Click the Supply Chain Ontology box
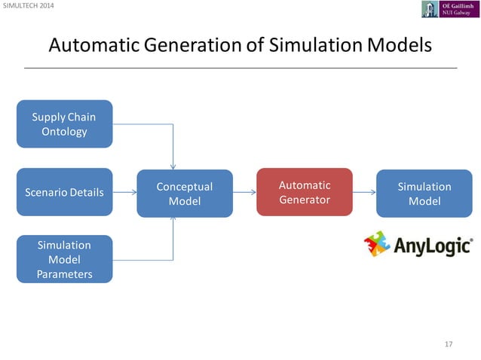pos(64,124)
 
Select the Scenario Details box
pos(64,192)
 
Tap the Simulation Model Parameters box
pos(64,259)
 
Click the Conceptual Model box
pos(184,193)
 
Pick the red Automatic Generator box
pos(305,192)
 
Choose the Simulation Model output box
pos(424,193)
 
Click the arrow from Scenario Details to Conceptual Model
pos(124,192)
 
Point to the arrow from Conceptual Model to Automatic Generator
pos(244,192)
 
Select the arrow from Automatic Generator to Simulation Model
pos(364,192)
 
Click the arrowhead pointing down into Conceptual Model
pos(173,166)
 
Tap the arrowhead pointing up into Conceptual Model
pos(173,219)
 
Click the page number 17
pos(449,344)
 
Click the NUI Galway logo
pos(450,9)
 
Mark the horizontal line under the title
pos(240,68)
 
